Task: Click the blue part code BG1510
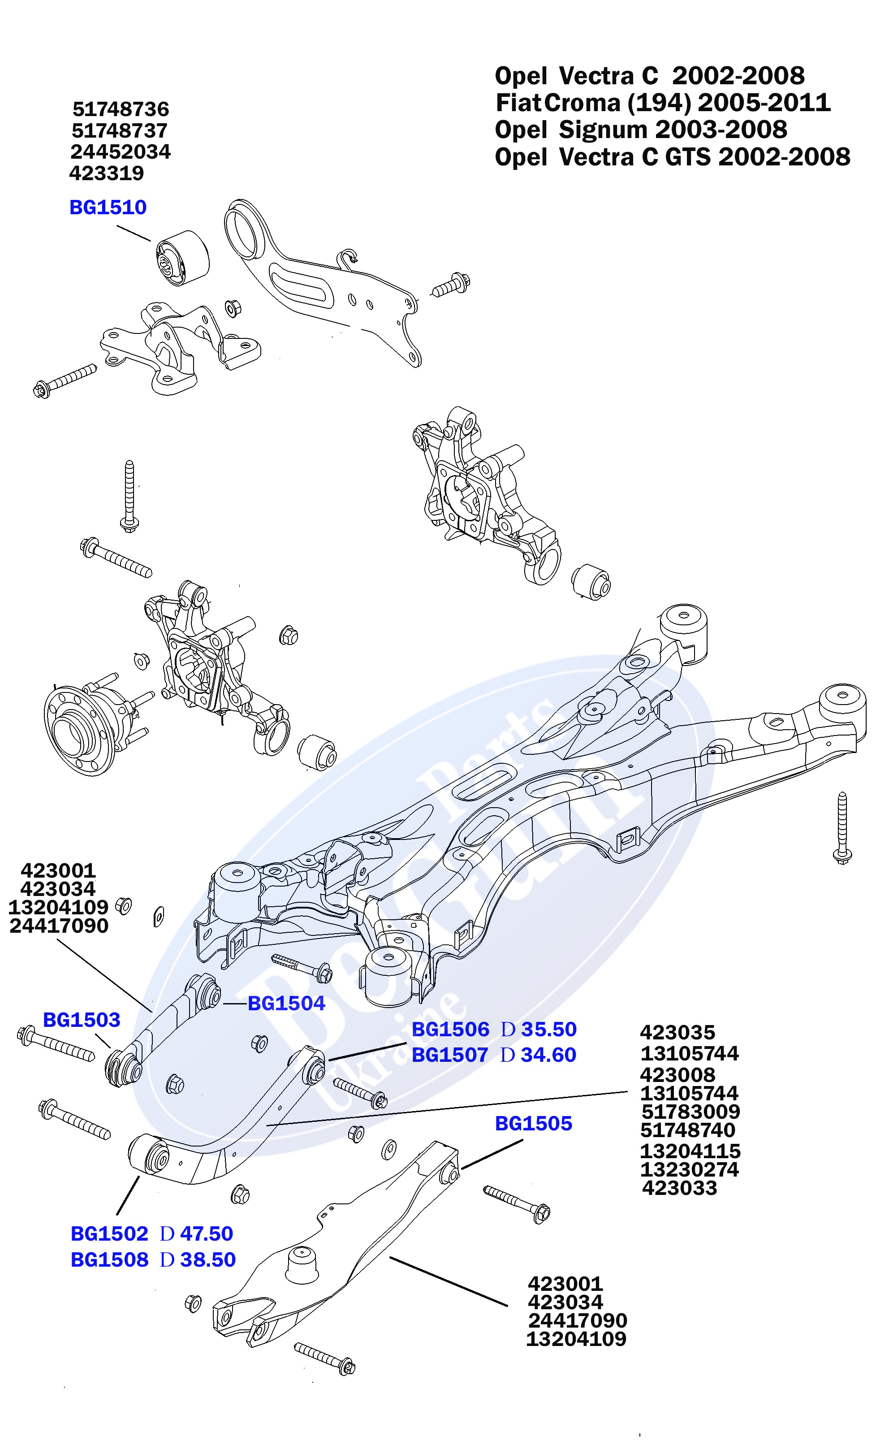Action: click(x=108, y=208)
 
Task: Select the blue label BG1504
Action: click(x=286, y=1003)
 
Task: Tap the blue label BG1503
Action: click(x=82, y=1020)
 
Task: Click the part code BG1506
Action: click(x=450, y=1029)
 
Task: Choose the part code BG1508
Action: click(x=109, y=1260)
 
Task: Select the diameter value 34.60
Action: click(x=548, y=1055)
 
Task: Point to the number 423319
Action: click(x=107, y=173)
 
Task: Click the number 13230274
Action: click(x=689, y=1169)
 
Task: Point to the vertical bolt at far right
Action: click(x=842, y=828)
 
